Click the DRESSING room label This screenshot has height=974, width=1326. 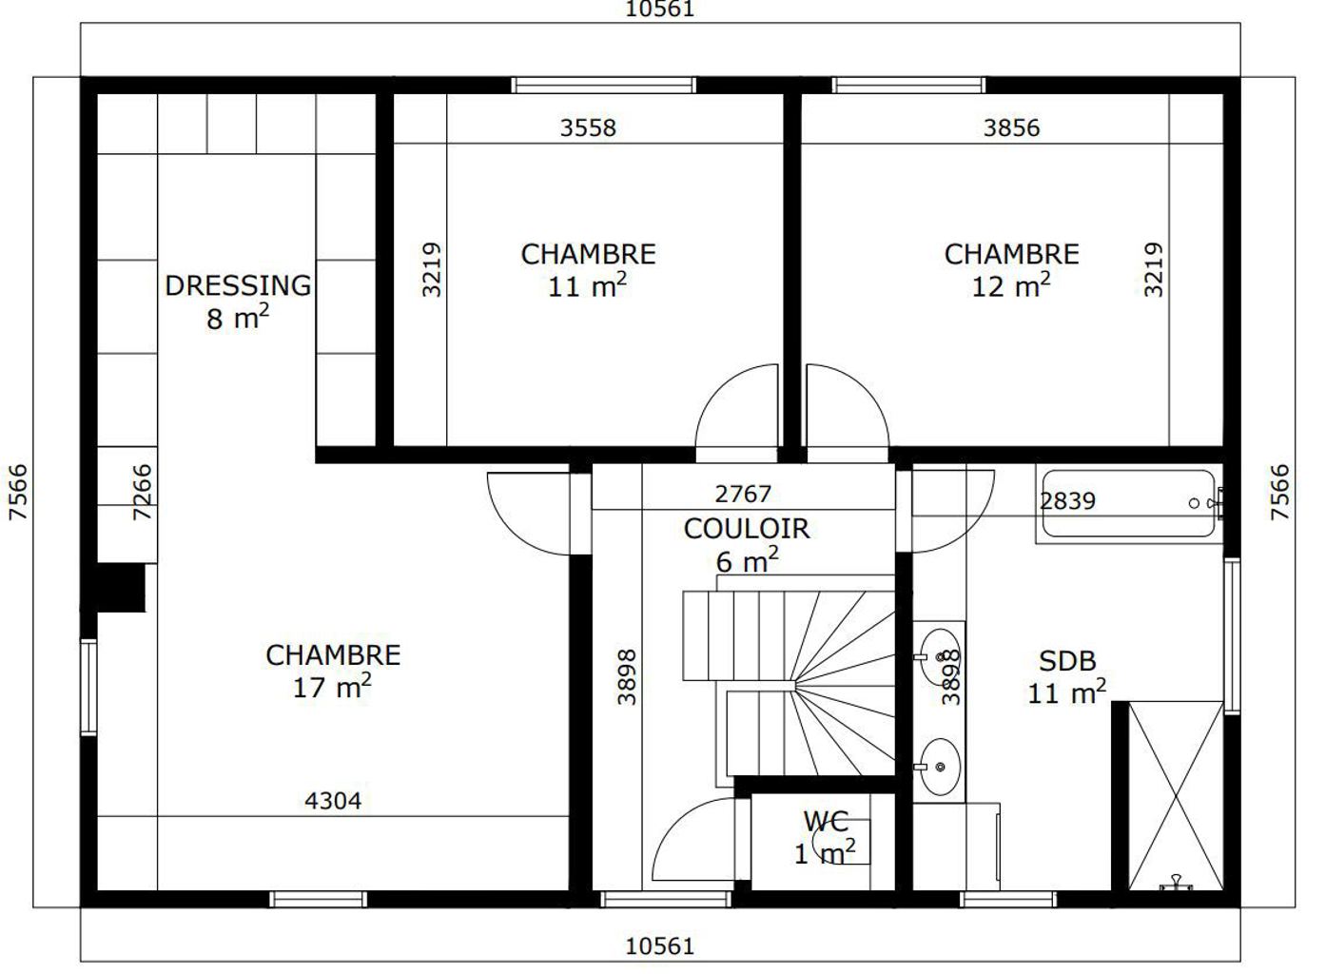point(238,286)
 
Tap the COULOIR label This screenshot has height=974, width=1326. point(747,529)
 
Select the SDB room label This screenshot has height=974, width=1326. point(1067,661)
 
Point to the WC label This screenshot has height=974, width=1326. point(826,821)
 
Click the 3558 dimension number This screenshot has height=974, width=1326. point(588,127)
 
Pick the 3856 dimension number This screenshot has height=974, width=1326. point(1011,127)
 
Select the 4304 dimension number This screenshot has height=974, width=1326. point(333,801)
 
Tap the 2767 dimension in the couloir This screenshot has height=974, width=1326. point(743,494)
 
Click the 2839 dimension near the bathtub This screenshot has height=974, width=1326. point(1067,501)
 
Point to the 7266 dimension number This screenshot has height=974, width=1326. point(142,492)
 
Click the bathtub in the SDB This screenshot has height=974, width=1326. point(1129,504)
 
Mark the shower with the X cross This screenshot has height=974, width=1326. point(1176,796)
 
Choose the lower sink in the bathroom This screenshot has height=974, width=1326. point(940,767)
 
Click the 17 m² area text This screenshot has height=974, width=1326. point(332,688)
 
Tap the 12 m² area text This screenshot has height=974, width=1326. point(1011,286)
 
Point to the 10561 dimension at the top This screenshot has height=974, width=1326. point(659,10)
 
